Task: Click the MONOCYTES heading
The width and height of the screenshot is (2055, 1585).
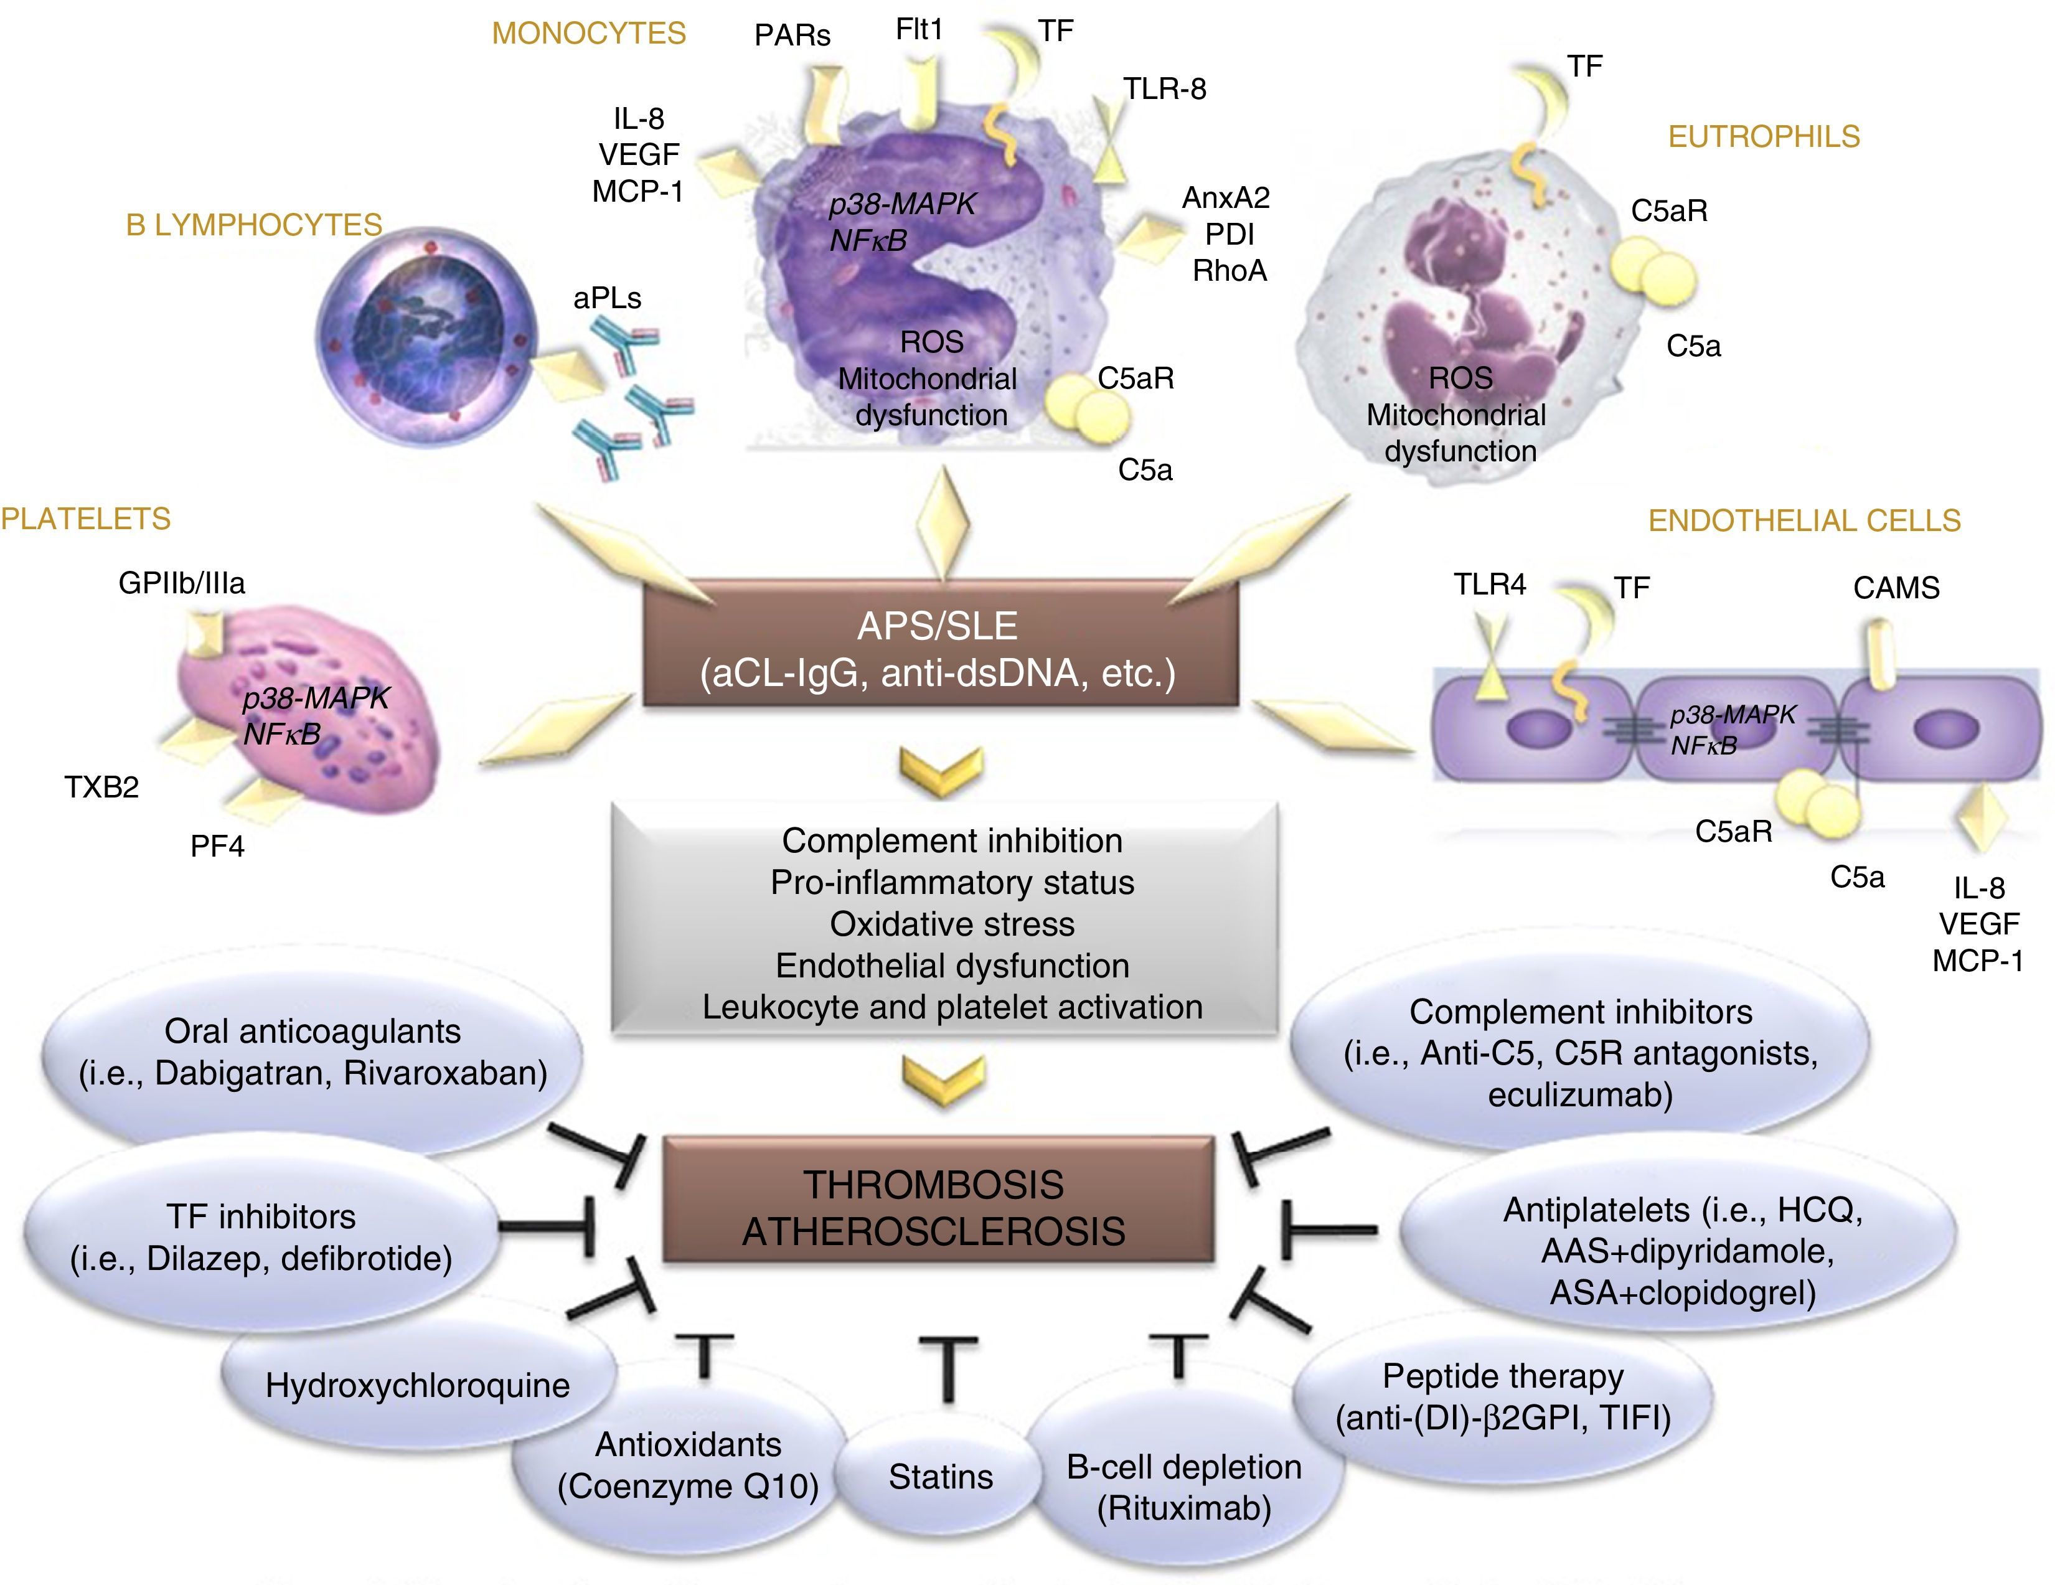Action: (588, 34)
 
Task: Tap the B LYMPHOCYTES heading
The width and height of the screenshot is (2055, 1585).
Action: (254, 225)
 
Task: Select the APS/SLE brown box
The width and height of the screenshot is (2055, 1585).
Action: (939, 649)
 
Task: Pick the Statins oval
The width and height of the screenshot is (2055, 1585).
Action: (940, 1477)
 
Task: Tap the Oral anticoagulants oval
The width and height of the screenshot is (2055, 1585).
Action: (313, 1052)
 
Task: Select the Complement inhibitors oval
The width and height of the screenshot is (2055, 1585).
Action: (1580, 1052)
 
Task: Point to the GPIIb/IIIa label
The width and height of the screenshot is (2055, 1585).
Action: (182, 583)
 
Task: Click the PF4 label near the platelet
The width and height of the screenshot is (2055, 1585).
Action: (217, 846)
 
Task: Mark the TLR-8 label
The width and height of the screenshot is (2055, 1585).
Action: (1164, 90)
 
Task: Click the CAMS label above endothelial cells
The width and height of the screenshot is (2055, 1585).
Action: (1896, 588)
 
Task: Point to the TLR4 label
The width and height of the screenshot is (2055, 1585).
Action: (1490, 585)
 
